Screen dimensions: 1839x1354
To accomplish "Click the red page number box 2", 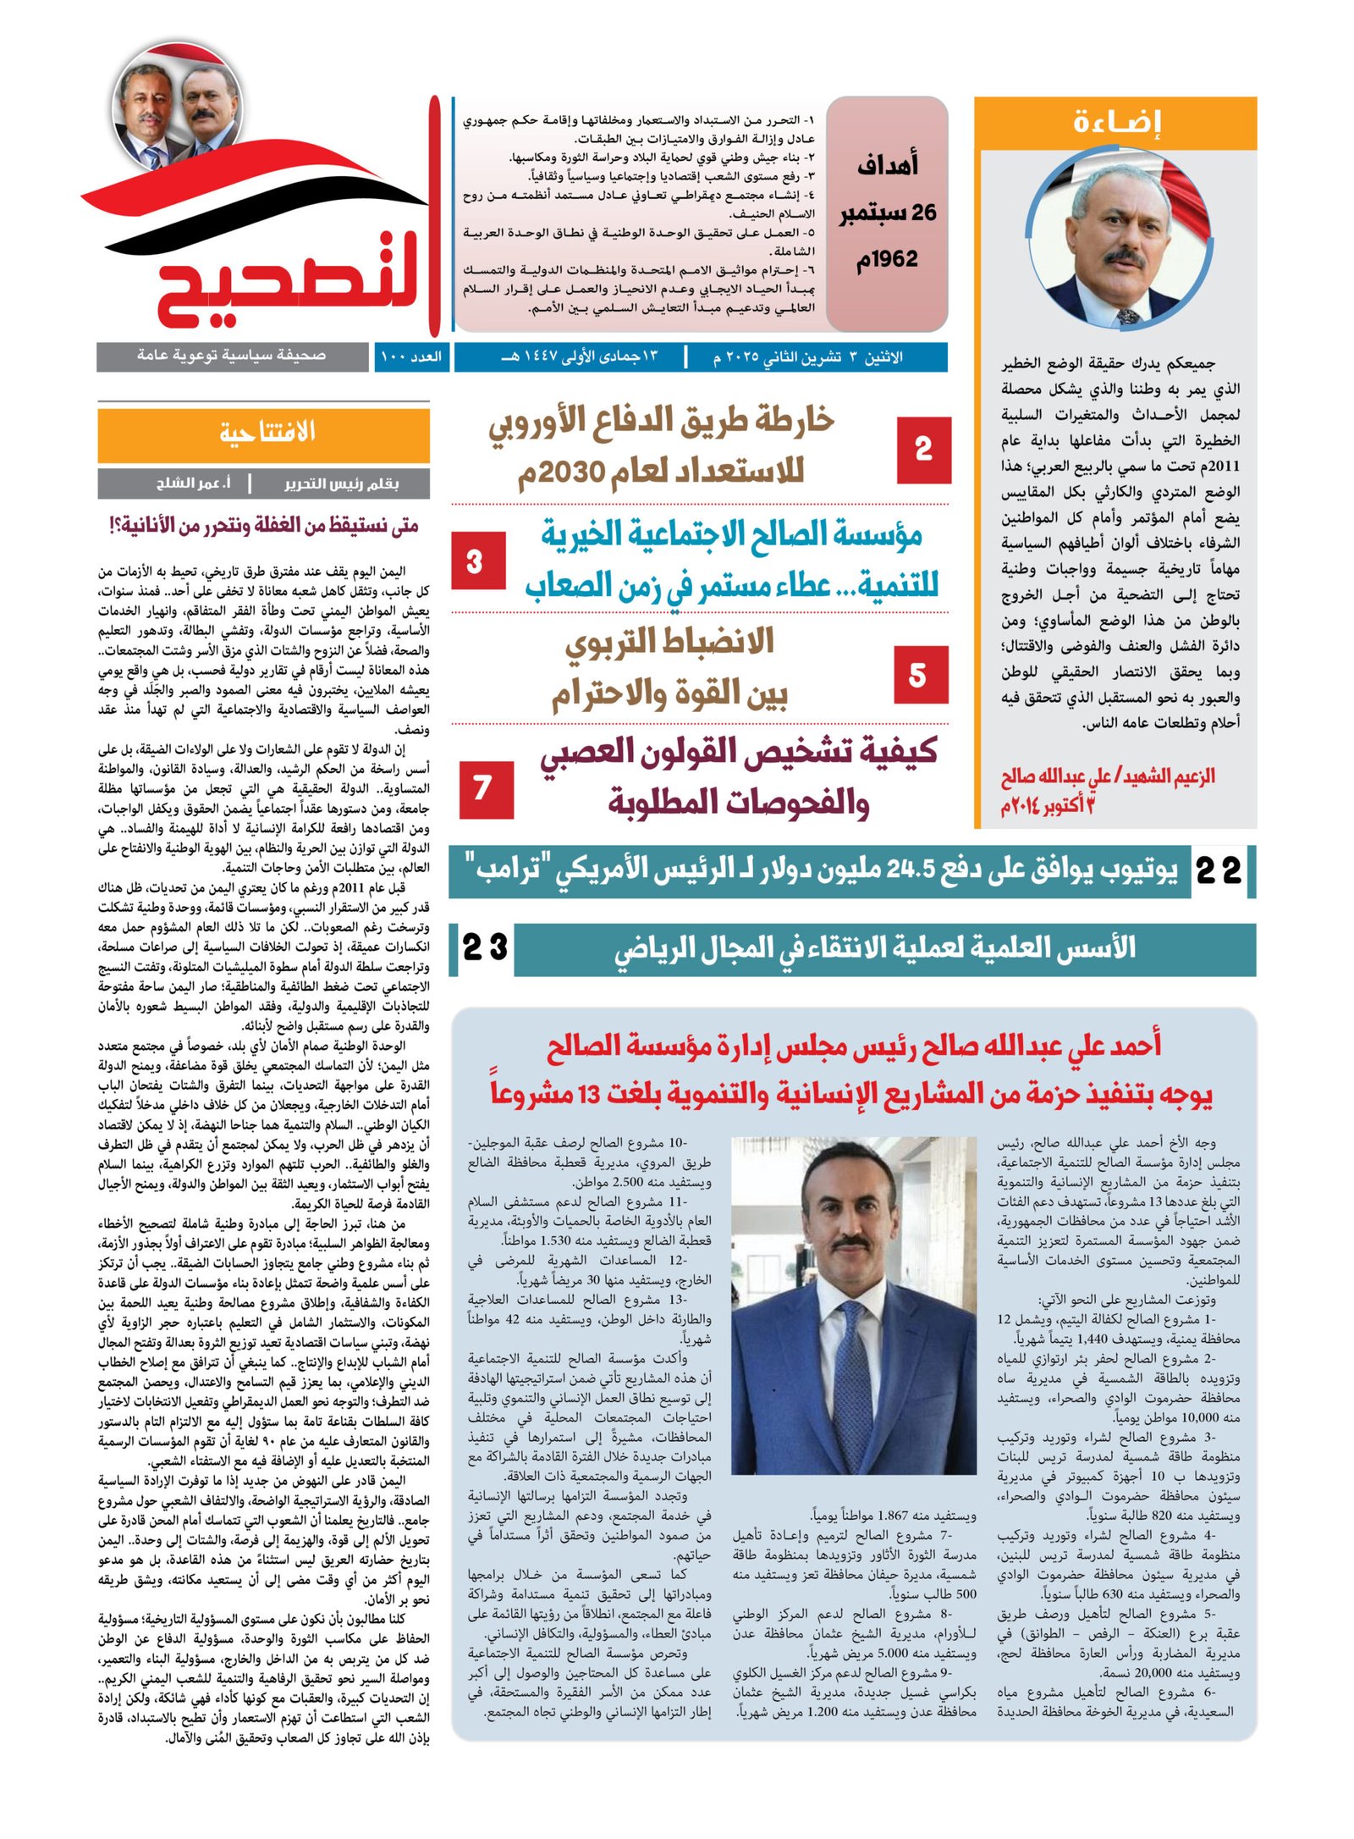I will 923,450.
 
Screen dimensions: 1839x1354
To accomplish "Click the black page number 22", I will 1219,870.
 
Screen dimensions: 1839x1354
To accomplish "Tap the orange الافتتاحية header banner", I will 264,433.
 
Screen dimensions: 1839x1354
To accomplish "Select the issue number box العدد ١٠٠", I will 411,356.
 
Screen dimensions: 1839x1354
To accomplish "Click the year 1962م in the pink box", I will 887,259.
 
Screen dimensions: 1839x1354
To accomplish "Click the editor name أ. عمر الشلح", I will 193,483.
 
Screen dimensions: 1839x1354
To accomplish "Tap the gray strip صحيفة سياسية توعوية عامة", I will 232,356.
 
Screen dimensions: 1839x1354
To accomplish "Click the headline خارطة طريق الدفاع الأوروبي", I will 662,445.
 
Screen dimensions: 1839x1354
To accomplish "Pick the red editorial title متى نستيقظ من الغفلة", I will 264,526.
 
